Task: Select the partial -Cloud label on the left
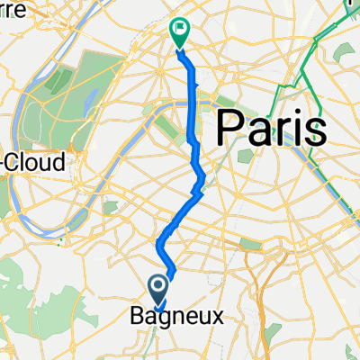33,162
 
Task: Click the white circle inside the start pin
158,287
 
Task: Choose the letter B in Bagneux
138,316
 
